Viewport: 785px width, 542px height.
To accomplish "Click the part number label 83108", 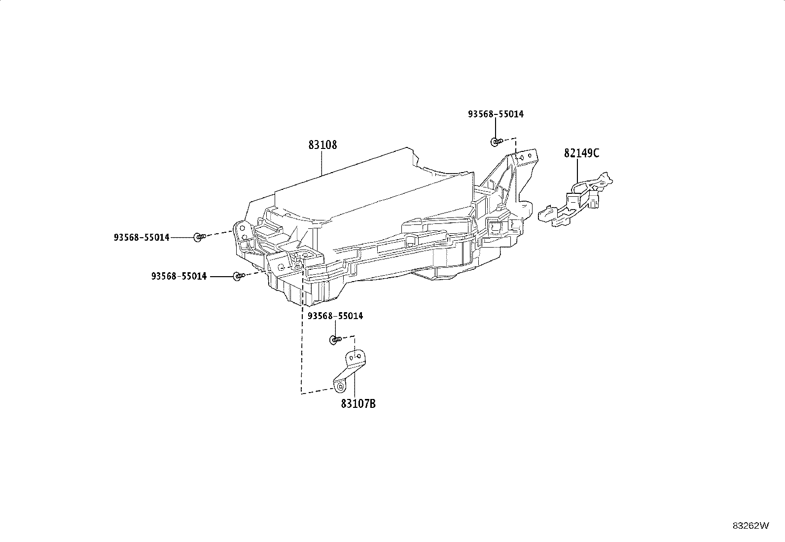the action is click(322, 145).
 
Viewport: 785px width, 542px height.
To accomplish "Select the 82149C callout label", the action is click(581, 153).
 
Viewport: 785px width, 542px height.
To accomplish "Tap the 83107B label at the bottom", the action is click(358, 404).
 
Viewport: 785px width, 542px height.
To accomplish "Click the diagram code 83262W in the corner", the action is click(750, 526).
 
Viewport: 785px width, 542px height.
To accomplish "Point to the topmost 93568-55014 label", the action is click(496, 114).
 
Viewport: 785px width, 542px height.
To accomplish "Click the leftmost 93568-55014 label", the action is click(142, 237).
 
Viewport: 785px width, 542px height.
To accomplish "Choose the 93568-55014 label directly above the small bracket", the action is click(335, 316).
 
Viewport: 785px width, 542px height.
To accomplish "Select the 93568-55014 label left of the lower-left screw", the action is click(179, 276).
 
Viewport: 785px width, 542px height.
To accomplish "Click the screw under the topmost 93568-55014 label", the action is click(496, 142).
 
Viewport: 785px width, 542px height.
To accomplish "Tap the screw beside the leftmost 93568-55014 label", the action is click(199, 237).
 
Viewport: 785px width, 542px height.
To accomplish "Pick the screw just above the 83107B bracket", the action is click(335, 339).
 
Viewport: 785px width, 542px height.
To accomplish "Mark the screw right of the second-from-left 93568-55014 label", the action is click(239, 276).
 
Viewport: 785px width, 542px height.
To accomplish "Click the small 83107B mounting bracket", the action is click(350, 371).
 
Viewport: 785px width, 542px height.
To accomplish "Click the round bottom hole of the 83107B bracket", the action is click(340, 387).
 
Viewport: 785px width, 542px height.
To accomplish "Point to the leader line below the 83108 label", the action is click(321, 163).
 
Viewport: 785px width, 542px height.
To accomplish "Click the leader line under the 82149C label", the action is click(577, 172).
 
